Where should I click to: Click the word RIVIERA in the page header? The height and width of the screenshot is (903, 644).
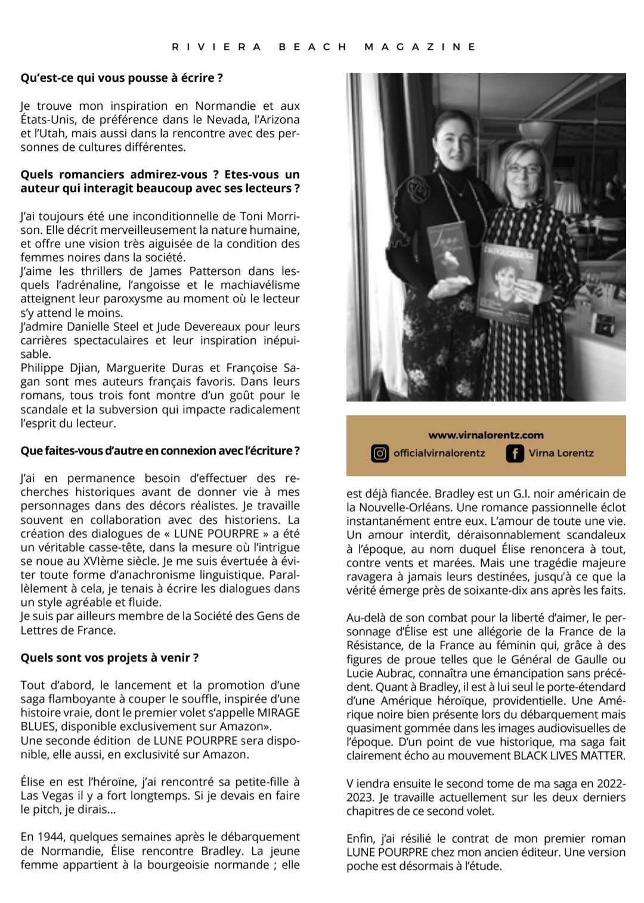click(x=216, y=47)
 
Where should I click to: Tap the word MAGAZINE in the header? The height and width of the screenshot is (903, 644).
click(x=420, y=47)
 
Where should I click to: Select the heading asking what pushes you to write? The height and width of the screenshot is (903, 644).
click(x=122, y=78)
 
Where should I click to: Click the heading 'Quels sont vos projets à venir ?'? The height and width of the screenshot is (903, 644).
click(x=109, y=658)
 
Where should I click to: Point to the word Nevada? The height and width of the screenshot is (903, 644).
click(x=228, y=119)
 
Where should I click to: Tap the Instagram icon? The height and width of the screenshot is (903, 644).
click(x=379, y=453)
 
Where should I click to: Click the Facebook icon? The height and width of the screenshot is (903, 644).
click(x=515, y=453)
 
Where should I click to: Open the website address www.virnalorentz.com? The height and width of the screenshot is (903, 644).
click(x=486, y=435)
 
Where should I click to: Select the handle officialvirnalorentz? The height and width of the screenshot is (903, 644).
click(x=439, y=453)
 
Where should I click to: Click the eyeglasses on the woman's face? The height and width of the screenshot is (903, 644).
click(x=522, y=169)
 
